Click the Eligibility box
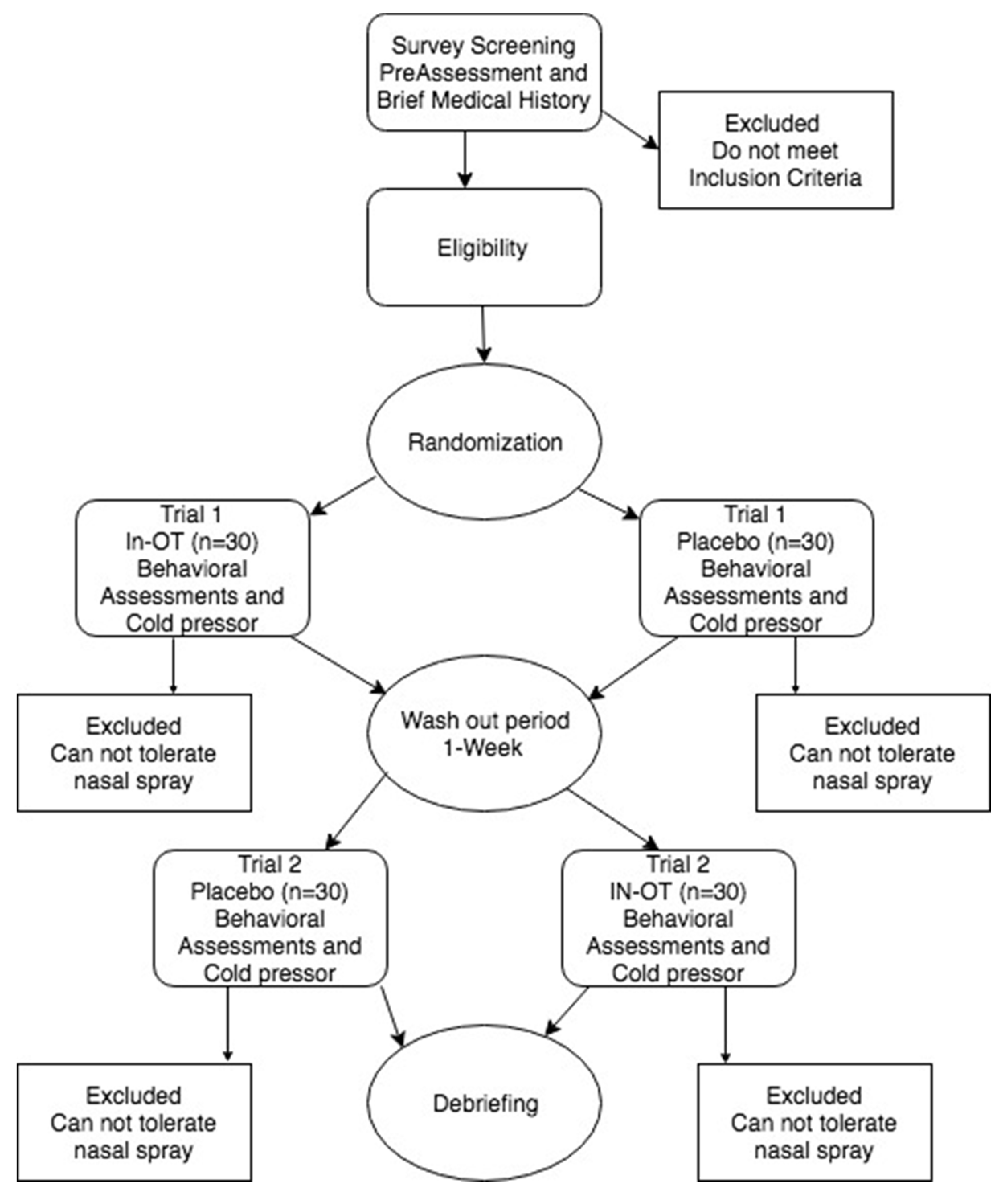coord(483,248)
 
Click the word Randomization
coord(485,442)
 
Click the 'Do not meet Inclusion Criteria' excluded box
coord(775,150)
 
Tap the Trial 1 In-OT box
coord(192,568)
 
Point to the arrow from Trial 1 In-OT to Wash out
coord(338,665)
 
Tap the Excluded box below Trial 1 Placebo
coord(872,753)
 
